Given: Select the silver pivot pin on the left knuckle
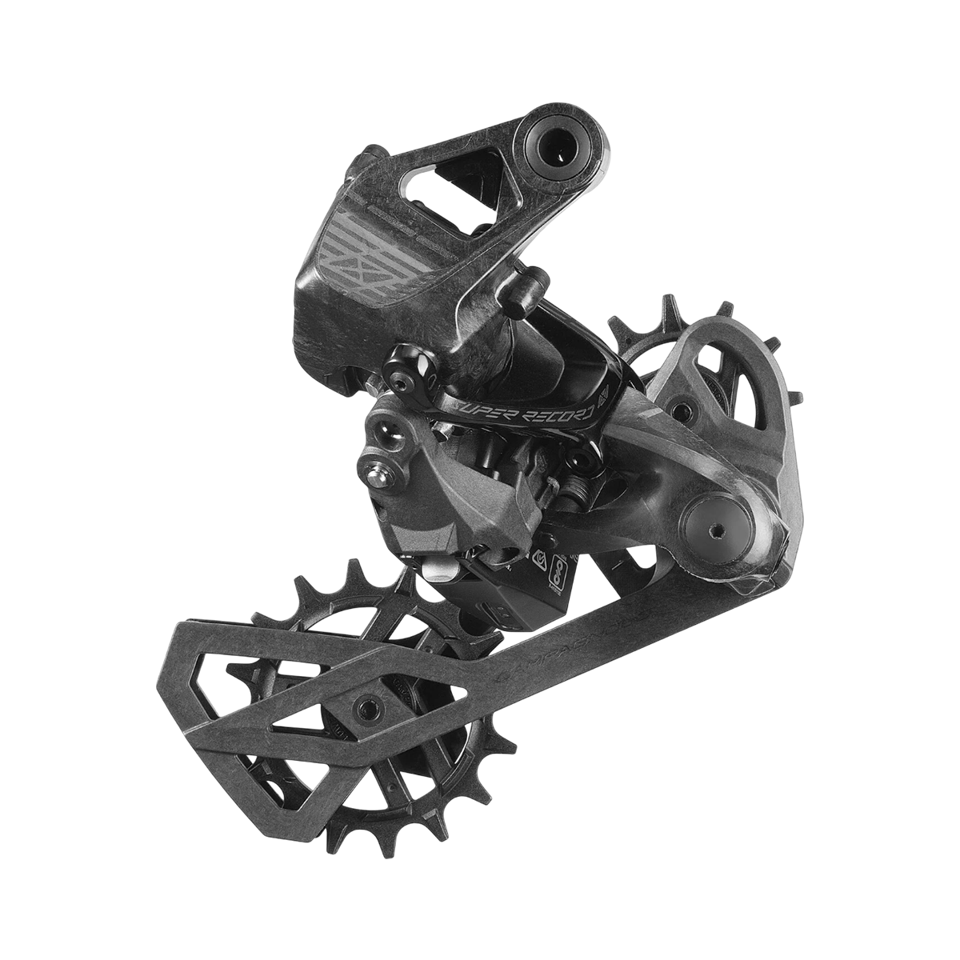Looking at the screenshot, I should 374,475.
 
